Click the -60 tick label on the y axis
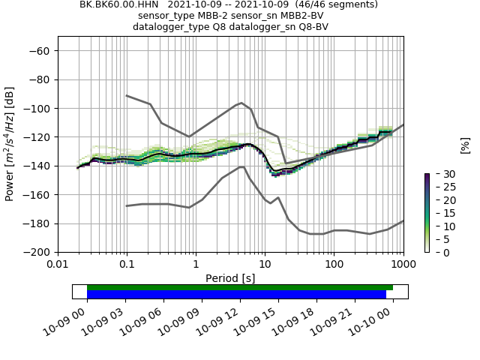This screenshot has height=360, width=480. (40, 51)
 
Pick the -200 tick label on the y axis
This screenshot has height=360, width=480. (37, 252)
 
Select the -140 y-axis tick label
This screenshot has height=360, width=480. (37, 166)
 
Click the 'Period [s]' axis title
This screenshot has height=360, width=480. (230, 278)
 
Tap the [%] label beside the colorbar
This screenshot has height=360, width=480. (465, 145)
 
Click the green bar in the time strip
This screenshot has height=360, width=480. (240, 287)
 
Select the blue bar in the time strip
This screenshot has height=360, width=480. (236, 295)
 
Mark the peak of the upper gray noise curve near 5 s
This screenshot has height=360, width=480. (241, 103)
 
